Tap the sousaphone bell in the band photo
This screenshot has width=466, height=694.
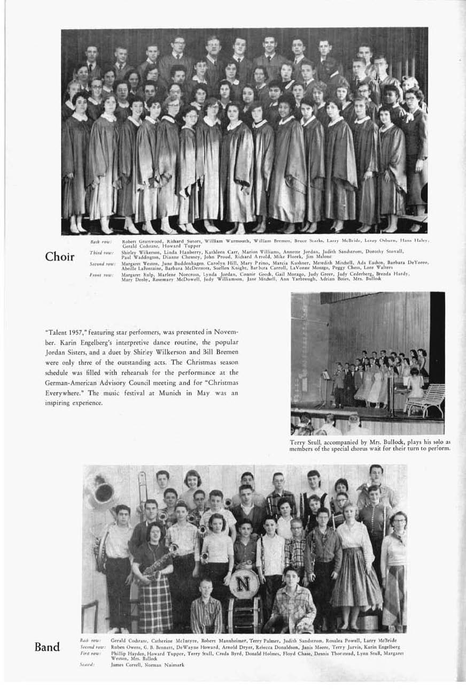[x=103, y=492]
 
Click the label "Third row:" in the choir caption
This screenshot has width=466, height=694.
[x=100, y=251]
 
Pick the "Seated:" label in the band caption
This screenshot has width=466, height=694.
[x=87, y=664]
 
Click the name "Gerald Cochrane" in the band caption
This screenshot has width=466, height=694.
[x=129, y=640]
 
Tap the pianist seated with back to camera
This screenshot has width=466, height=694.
[x=415, y=386]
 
